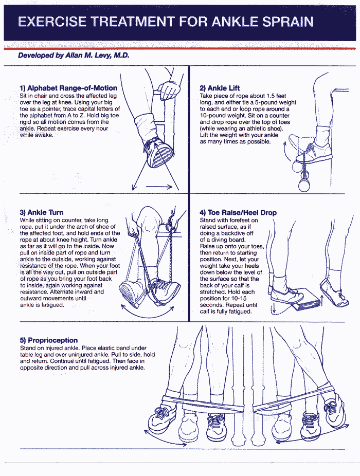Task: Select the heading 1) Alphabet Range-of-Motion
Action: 68,88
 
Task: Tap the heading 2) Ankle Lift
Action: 220,88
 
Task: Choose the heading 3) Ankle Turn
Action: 42,212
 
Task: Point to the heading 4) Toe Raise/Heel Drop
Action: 238,212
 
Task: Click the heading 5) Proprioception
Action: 49,340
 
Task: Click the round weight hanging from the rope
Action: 304,185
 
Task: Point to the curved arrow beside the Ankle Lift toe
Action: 285,152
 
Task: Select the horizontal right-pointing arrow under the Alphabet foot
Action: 159,187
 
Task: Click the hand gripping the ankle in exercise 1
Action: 169,90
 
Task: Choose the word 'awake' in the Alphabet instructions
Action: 44,135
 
